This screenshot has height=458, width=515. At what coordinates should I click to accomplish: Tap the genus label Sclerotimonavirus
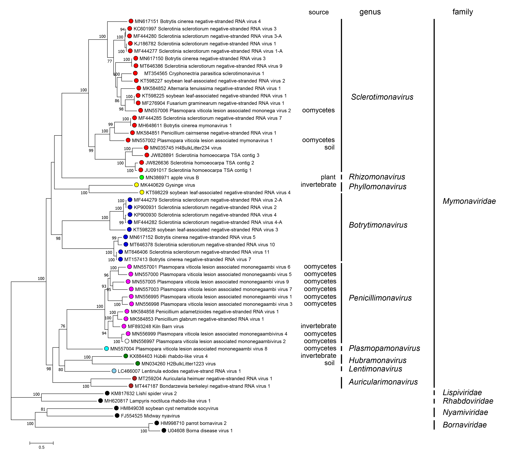[x=382, y=97]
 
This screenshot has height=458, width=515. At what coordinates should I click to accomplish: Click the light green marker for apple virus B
[x=142, y=177]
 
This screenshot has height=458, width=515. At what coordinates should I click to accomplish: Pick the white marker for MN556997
[x=127, y=341]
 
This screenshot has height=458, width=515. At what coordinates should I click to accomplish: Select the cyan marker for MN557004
[x=106, y=349]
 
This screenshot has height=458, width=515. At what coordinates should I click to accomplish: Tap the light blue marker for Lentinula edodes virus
[x=114, y=371]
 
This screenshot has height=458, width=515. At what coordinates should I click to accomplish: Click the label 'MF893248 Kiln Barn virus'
[x=156, y=326]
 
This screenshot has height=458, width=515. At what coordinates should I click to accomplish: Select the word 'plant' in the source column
[x=328, y=177]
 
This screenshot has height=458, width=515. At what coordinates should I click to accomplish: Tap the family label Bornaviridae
[x=465, y=425]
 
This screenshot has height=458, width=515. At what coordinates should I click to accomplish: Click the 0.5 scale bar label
[x=42, y=447]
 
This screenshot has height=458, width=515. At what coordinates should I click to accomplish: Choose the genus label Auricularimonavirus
[x=383, y=382]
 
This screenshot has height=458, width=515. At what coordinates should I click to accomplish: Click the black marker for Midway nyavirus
[x=117, y=416]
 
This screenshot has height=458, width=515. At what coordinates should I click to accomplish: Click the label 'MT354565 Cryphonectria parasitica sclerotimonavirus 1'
[x=204, y=73]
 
